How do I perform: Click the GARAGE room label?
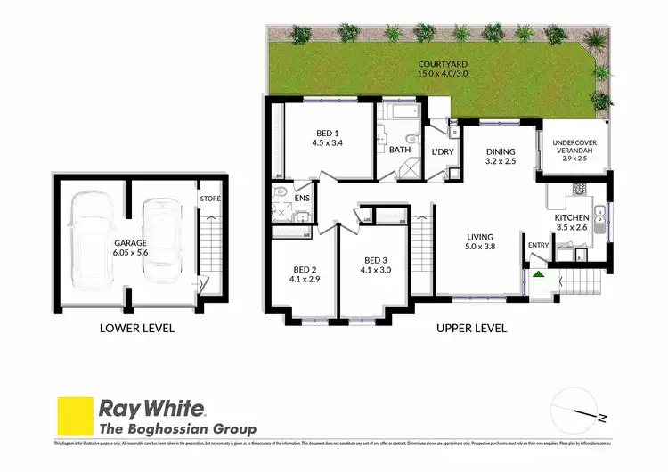(129, 241)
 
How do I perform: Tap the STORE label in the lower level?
(210, 199)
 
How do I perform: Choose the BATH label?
(400, 150)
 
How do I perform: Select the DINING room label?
(501, 151)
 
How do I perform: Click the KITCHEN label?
(572, 217)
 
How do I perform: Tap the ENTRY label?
(539, 245)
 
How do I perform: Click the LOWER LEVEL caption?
(137, 328)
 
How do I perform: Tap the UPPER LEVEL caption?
(471, 328)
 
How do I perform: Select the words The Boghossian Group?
(177, 429)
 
